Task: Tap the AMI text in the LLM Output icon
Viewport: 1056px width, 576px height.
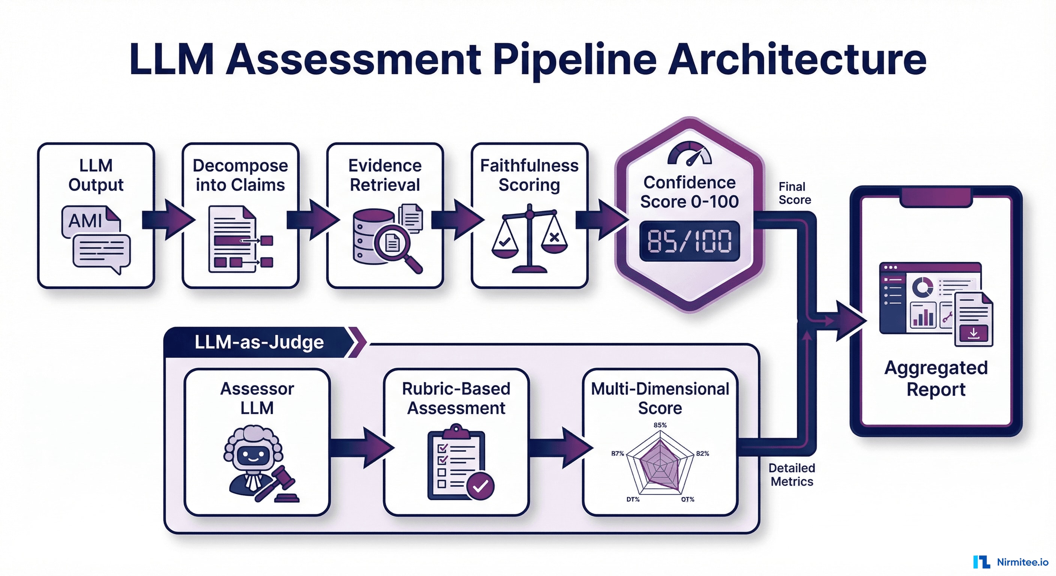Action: [x=85, y=221]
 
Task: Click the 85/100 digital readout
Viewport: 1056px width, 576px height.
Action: [x=690, y=241]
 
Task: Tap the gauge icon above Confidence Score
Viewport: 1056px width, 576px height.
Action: [x=690, y=154]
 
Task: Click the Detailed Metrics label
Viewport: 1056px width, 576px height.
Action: [x=792, y=474]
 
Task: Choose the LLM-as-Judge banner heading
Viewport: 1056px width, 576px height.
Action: [x=259, y=342]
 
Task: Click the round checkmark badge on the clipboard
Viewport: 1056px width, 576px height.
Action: [x=480, y=486]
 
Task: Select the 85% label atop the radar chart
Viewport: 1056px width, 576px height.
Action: [x=660, y=425]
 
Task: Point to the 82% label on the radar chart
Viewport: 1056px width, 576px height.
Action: [x=702, y=453]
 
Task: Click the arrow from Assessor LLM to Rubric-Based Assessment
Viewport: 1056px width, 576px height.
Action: [x=361, y=447]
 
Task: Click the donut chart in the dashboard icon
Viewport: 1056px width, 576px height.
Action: [x=922, y=287]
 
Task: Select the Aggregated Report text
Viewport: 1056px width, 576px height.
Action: [x=936, y=378]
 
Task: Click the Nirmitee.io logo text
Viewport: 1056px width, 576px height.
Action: [x=1022, y=562]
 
